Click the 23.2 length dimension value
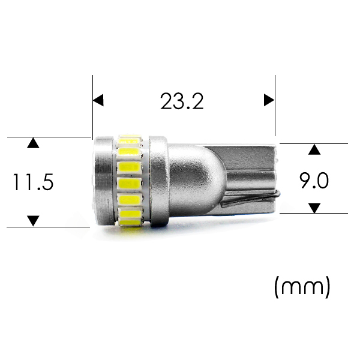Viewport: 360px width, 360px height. click(x=182, y=101)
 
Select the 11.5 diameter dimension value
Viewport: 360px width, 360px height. click(x=33, y=182)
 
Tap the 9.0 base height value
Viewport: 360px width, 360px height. click(x=314, y=181)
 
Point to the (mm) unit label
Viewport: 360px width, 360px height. click(x=302, y=287)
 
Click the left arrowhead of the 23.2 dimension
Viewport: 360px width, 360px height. click(x=98, y=100)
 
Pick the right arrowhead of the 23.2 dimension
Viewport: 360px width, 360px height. click(x=269, y=100)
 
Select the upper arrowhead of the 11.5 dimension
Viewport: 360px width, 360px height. click(x=33, y=143)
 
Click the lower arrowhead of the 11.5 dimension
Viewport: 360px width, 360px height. click(x=33, y=221)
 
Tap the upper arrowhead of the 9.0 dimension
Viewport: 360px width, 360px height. click(x=314, y=149)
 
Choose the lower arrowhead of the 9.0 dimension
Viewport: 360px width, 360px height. click(x=314, y=208)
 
